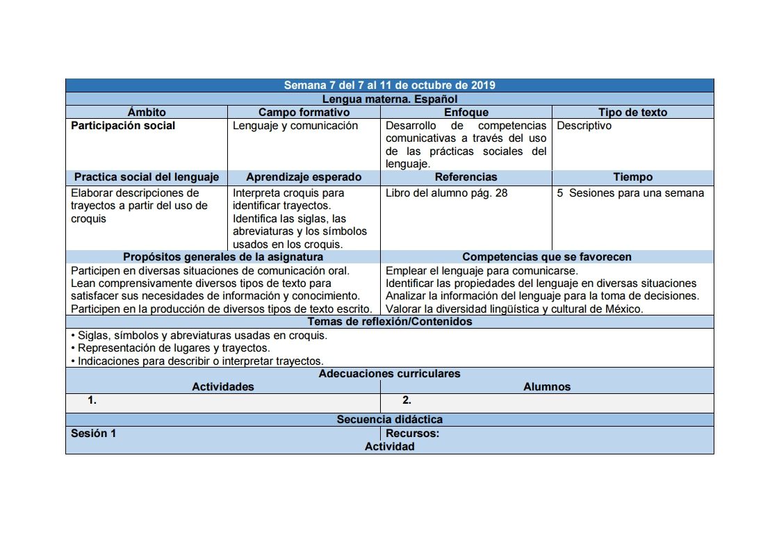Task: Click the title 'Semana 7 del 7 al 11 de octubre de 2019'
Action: point(389,85)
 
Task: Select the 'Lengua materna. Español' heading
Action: point(389,99)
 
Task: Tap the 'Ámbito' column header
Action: point(147,112)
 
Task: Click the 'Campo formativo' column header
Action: point(304,112)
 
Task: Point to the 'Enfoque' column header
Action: point(466,112)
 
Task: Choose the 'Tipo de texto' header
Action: point(632,112)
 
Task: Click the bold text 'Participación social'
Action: point(123,126)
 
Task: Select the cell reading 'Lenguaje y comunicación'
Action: point(295,126)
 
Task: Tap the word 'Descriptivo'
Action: point(584,126)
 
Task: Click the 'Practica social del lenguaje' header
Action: point(147,177)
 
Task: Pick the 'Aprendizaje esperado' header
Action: point(304,177)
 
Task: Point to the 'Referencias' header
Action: point(466,177)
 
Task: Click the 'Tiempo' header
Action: point(632,177)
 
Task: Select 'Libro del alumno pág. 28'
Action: point(447,193)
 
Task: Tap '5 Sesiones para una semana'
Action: point(630,193)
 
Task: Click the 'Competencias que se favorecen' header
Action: point(547,257)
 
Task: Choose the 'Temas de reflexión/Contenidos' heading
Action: point(389,322)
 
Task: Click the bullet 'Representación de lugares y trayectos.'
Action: point(171,348)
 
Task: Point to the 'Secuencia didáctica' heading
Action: point(389,420)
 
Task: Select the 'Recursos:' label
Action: point(413,434)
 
